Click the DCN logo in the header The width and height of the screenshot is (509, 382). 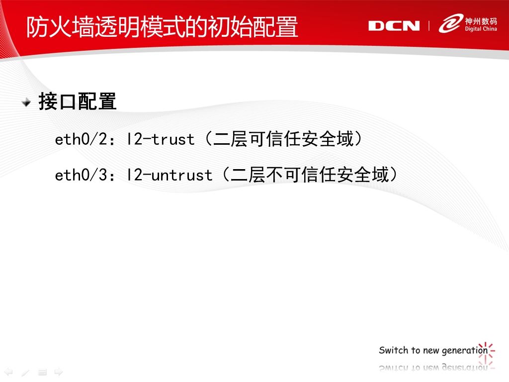click(x=394, y=26)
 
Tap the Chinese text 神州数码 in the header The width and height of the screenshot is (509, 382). click(x=481, y=21)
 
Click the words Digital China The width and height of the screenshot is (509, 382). click(x=481, y=29)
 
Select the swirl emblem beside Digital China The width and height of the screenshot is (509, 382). click(x=451, y=23)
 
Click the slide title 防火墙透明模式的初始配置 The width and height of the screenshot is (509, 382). click(x=162, y=26)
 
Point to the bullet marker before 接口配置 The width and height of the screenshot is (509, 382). click(x=26, y=102)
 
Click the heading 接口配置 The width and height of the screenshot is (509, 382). click(x=77, y=101)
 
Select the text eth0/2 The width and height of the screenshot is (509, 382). click(x=81, y=139)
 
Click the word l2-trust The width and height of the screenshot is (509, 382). click(x=161, y=139)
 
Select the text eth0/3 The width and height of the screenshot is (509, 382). click(x=81, y=175)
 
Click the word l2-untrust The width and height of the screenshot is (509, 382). click(x=169, y=175)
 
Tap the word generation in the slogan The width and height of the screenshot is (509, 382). click(x=465, y=351)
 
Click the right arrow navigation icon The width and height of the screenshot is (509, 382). click(x=59, y=372)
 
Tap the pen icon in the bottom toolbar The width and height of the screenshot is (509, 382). click(x=25, y=372)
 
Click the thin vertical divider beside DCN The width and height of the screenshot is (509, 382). click(x=429, y=26)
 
